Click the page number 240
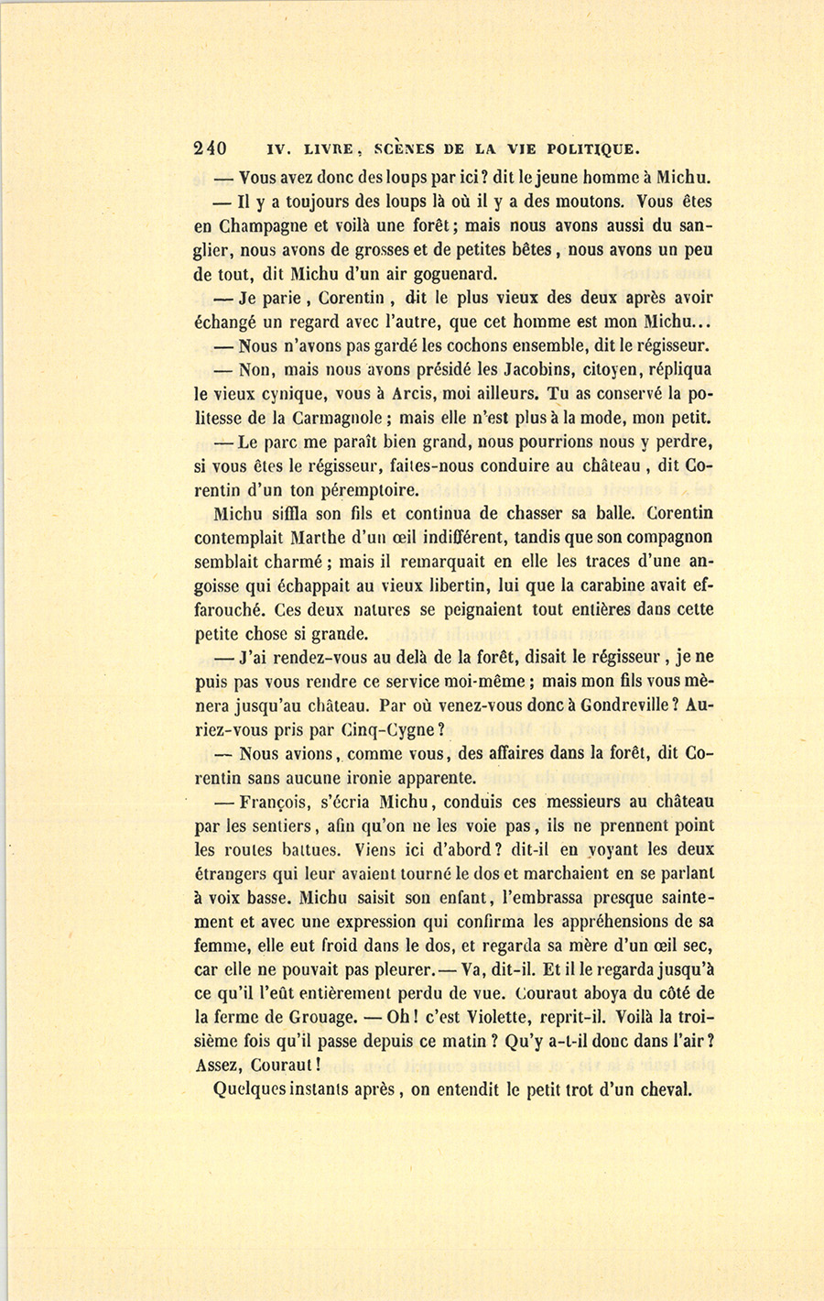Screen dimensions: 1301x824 [211, 148]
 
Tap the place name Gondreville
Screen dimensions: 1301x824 [623, 705]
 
